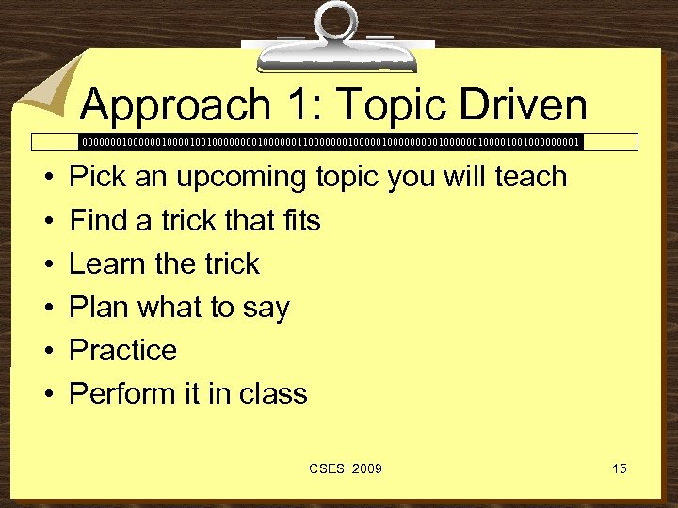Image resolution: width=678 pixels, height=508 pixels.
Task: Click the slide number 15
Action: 619,468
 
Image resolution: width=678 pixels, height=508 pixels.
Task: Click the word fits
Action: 299,220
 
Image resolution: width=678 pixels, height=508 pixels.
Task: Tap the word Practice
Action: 123,350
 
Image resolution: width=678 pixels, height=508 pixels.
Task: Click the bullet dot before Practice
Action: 46,352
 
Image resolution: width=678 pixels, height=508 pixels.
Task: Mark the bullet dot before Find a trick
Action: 46,222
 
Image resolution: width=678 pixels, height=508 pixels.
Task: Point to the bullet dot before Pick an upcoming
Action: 46,179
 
